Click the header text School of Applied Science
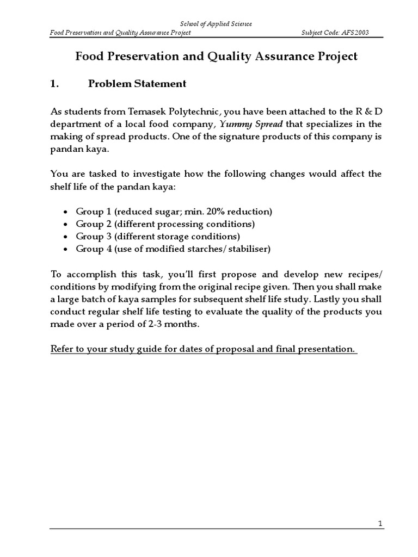pyautogui.click(x=216, y=24)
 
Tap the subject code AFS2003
pyautogui.click(x=335, y=33)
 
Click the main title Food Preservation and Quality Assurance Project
pyautogui.click(x=216, y=56)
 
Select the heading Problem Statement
pyautogui.click(x=137, y=84)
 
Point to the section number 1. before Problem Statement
pyautogui.click(x=54, y=84)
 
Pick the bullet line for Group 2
pyautogui.click(x=165, y=224)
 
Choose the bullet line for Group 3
pyautogui.click(x=158, y=237)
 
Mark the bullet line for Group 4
pyautogui.click(x=173, y=249)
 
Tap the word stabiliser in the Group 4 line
pyautogui.click(x=247, y=249)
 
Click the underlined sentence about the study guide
pyautogui.click(x=202, y=349)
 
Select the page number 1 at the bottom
pyautogui.click(x=380, y=523)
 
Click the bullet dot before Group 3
pyautogui.click(x=66, y=237)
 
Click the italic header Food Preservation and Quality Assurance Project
pyautogui.click(x=120, y=33)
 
